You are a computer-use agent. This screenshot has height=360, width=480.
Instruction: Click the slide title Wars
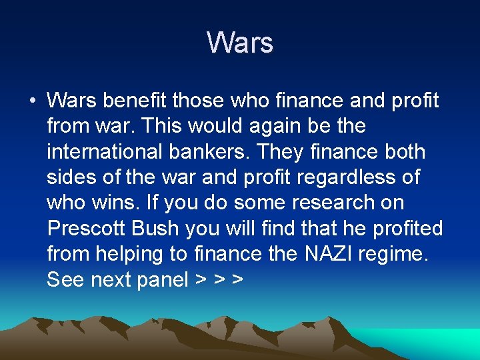click(240, 43)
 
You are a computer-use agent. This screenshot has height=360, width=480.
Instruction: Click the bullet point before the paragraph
click(33, 101)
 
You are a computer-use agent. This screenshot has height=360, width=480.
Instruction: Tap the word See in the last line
click(65, 279)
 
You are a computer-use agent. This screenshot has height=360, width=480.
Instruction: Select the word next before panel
click(111, 279)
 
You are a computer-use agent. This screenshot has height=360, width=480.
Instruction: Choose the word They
click(293, 151)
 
